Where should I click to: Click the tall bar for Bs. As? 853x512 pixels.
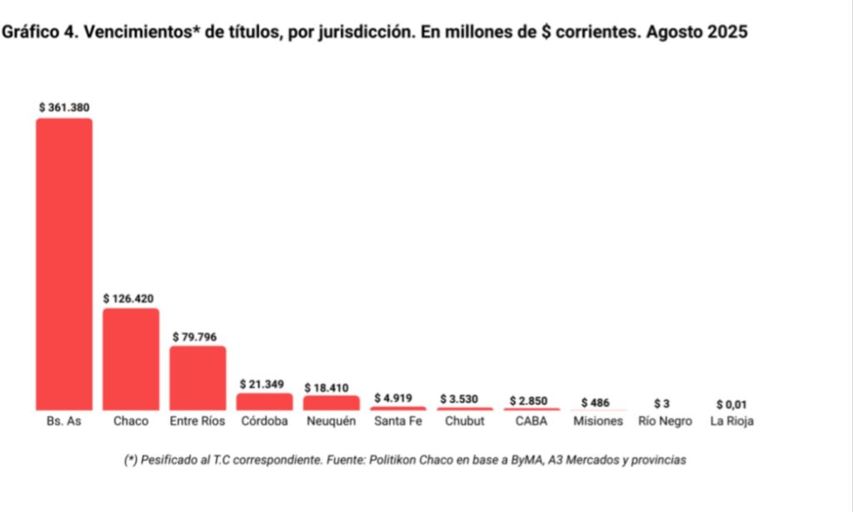coord(64,264)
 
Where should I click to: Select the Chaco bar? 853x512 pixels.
coord(131,359)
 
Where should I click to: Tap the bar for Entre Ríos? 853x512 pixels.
coord(197,378)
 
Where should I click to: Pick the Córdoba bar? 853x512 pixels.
coord(264,401)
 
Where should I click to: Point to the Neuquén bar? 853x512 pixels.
coord(331,403)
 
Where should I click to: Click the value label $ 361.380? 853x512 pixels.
coord(64,108)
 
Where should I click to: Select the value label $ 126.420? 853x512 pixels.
coord(129,298)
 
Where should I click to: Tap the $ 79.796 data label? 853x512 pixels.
coord(197,336)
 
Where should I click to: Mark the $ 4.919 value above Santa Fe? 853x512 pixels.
coord(397,398)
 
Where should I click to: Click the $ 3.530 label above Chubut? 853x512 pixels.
coord(463,399)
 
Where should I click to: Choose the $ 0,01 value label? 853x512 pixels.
coord(732,404)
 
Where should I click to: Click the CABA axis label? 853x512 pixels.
coord(531,422)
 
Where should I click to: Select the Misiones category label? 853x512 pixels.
coord(598,422)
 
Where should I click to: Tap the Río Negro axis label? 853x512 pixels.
coord(665,422)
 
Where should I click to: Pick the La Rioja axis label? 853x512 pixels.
coord(732,422)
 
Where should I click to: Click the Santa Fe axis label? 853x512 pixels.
coord(397,422)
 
